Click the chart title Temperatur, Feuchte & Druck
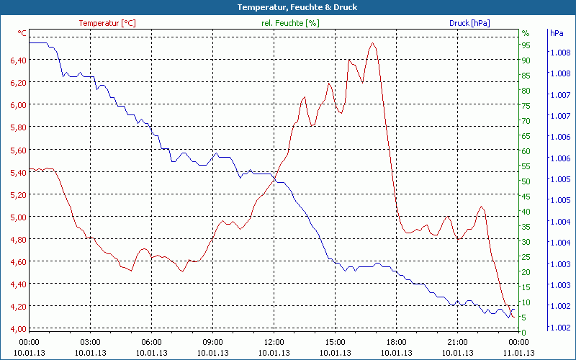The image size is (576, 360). pos(287,7)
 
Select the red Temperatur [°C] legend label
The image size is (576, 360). pos(107,23)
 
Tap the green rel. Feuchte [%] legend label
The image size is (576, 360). pos(290,23)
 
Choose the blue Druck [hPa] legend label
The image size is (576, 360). pos(469,23)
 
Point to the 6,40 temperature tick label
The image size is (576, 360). pos(18,60)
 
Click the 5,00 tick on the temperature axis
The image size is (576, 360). pos(18,217)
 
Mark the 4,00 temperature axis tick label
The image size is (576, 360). pos(18,329)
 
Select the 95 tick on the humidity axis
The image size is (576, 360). pos(526,45)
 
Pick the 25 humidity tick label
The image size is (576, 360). pos(526,257)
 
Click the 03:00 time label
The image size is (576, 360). pos(90,342)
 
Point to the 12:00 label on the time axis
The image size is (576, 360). pos(274,342)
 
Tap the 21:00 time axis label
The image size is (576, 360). pos(457,342)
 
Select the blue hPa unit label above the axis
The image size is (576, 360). pos(556,33)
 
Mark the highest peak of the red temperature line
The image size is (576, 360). pos(372,43)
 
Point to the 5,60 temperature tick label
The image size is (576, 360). pos(18,150)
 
